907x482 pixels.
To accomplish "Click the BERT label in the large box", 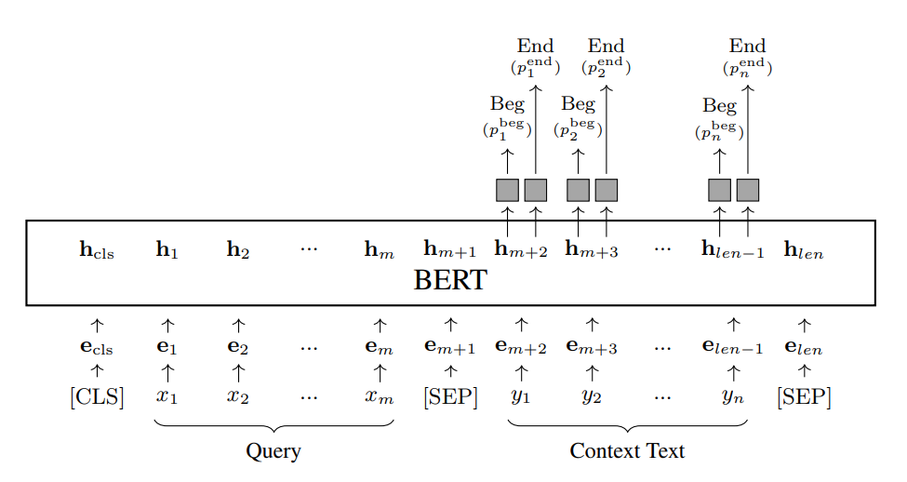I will tap(450, 279).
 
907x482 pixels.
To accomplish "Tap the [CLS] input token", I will tap(97, 397).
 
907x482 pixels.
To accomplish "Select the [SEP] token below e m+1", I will tap(450, 397).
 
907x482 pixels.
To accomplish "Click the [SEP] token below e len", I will tap(804, 397).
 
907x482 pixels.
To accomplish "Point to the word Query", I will tap(273, 452).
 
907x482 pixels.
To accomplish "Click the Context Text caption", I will tap(627, 452).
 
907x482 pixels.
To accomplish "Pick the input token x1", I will tap(167, 397).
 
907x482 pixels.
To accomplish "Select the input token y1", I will tap(521, 397).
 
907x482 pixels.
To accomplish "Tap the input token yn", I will tap(733, 397).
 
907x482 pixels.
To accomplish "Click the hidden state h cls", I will tap(97, 249).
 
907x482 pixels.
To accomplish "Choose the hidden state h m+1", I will tap(450, 248).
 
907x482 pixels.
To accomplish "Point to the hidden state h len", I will tap(804, 249).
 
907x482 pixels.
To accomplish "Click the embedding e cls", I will tap(97, 349).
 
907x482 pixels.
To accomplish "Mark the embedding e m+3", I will tap(592, 348).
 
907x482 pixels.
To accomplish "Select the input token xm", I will tap(380, 397).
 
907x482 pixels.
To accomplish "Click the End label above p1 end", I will tap(535, 46).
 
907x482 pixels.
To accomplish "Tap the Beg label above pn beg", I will tap(719, 105).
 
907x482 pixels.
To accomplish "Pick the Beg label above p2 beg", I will tap(578, 104).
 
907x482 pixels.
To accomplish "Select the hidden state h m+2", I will tap(521, 248).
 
